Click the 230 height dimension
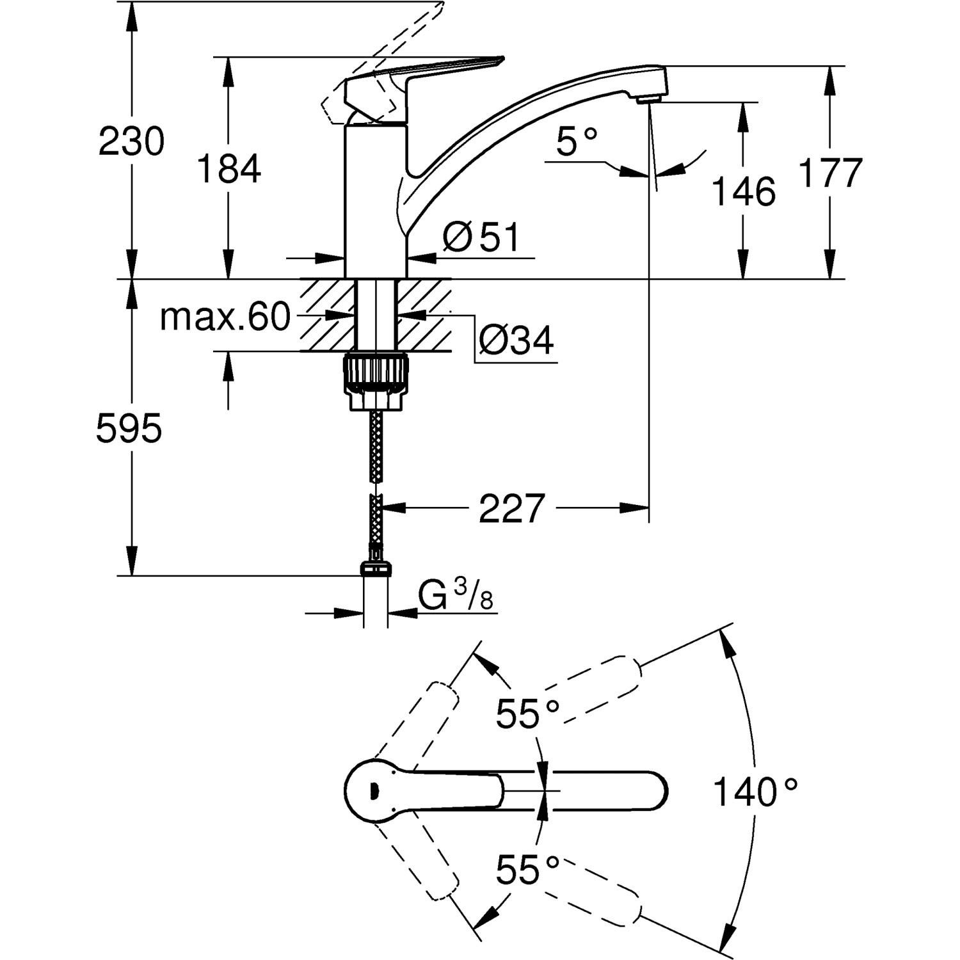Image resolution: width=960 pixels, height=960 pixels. click(131, 142)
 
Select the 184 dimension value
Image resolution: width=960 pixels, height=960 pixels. click(228, 170)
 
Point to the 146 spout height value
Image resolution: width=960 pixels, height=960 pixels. click(744, 191)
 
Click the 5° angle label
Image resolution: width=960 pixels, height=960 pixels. click(576, 141)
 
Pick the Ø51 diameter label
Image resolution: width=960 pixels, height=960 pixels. click(481, 237)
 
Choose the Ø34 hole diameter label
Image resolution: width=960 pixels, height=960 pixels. click(516, 340)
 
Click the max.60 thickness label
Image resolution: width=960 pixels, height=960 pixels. click(225, 317)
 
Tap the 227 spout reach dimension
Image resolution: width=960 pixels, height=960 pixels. click(511, 509)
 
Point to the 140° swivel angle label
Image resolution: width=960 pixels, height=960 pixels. click(755, 792)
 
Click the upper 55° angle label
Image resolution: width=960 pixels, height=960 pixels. click(528, 714)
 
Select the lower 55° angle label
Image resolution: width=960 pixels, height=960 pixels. click(528, 870)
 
